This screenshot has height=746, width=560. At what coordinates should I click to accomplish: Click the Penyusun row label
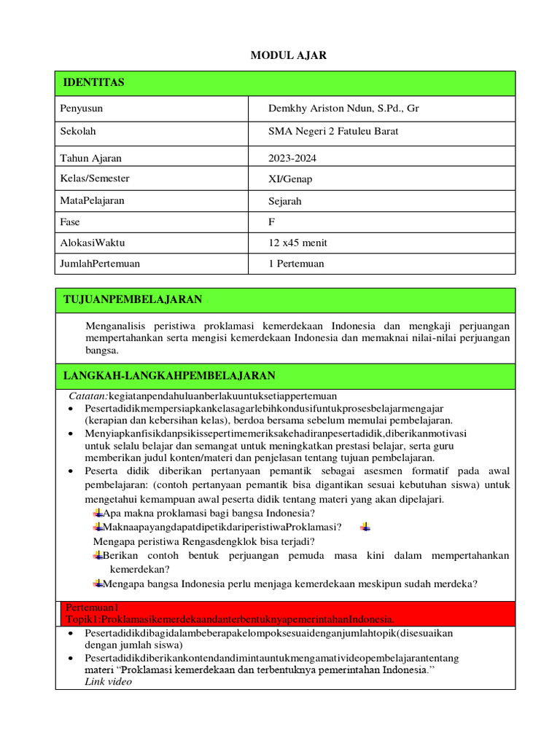point(82,109)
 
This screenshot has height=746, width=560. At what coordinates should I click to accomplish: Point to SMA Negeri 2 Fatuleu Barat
point(333,132)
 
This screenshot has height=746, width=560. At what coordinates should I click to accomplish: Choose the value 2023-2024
point(292,158)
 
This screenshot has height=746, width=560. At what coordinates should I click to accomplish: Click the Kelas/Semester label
point(96,178)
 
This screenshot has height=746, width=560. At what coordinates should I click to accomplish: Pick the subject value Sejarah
point(285,200)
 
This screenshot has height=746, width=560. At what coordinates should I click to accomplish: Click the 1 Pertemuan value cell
point(296,264)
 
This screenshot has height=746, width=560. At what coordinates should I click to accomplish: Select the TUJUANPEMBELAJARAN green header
point(133,299)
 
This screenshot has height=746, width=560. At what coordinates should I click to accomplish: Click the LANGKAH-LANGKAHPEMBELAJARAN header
point(169,376)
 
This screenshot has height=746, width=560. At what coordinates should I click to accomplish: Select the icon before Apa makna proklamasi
point(98,513)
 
